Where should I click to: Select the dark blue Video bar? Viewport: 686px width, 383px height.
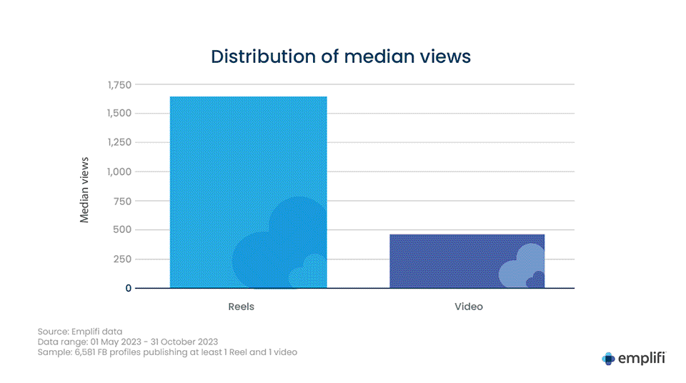point(467,261)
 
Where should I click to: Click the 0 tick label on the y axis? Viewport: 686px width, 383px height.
point(129,288)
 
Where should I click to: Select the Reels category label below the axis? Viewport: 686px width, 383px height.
point(242,307)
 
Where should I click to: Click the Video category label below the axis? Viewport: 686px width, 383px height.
point(469,307)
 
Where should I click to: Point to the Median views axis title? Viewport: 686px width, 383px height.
point(85,189)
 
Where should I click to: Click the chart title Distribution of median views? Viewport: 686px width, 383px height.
point(342,56)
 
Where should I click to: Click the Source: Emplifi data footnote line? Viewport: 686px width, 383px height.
point(80,332)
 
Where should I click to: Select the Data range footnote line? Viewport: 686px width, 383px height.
point(128,342)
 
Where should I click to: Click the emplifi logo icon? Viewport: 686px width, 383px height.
point(608,359)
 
